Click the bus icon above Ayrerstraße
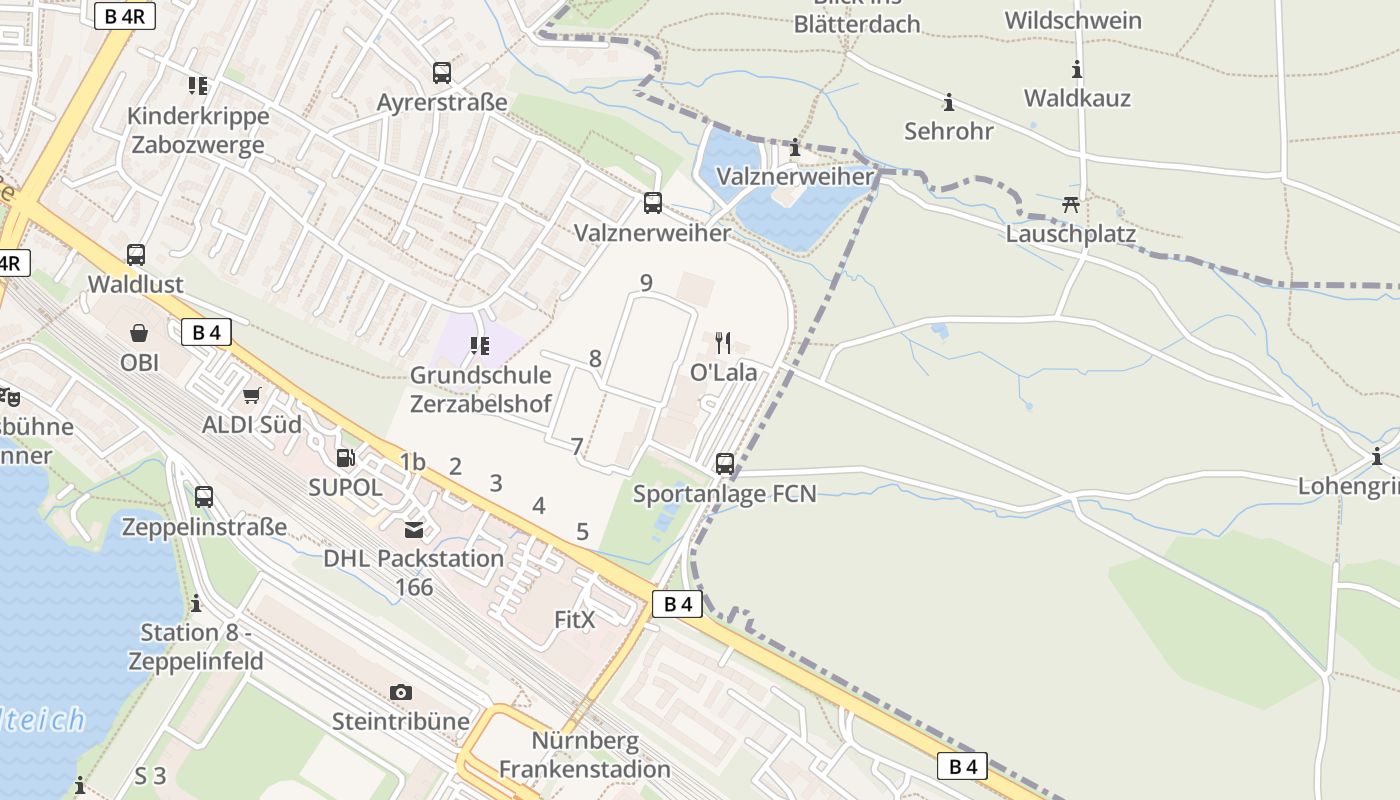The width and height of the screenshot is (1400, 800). tap(442, 73)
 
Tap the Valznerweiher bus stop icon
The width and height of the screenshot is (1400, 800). tap(653, 203)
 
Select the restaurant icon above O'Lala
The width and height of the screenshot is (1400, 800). tap(724, 343)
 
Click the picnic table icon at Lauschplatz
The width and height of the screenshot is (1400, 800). tap(1071, 205)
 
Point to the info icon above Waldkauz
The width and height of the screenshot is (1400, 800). tap(1077, 69)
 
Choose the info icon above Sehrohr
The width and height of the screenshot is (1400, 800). tap(948, 102)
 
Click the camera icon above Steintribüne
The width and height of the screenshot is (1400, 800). tap(401, 692)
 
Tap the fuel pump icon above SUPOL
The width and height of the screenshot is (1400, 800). tap(345, 458)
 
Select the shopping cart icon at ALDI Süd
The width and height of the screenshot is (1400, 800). tap(252, 395)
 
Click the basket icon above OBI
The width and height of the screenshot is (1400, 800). tap(139, 332)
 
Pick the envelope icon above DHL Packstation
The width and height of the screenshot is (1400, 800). tap(413, 529)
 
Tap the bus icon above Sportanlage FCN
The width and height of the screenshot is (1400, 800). tap(725, 464)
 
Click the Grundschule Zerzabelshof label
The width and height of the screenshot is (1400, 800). tap(480, 389)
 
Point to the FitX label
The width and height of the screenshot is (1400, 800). tap(575, 620)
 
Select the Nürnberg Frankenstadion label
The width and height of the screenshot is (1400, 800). tap(585, 755)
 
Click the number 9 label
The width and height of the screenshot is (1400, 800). tap(646, 283)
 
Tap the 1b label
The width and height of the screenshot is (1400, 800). tap(413, 462)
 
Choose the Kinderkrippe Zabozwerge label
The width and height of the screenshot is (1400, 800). tap(198, 130)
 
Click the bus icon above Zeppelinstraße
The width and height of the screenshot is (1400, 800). tap(204, 496)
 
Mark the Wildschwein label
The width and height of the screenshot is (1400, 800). tap(1073, 20)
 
